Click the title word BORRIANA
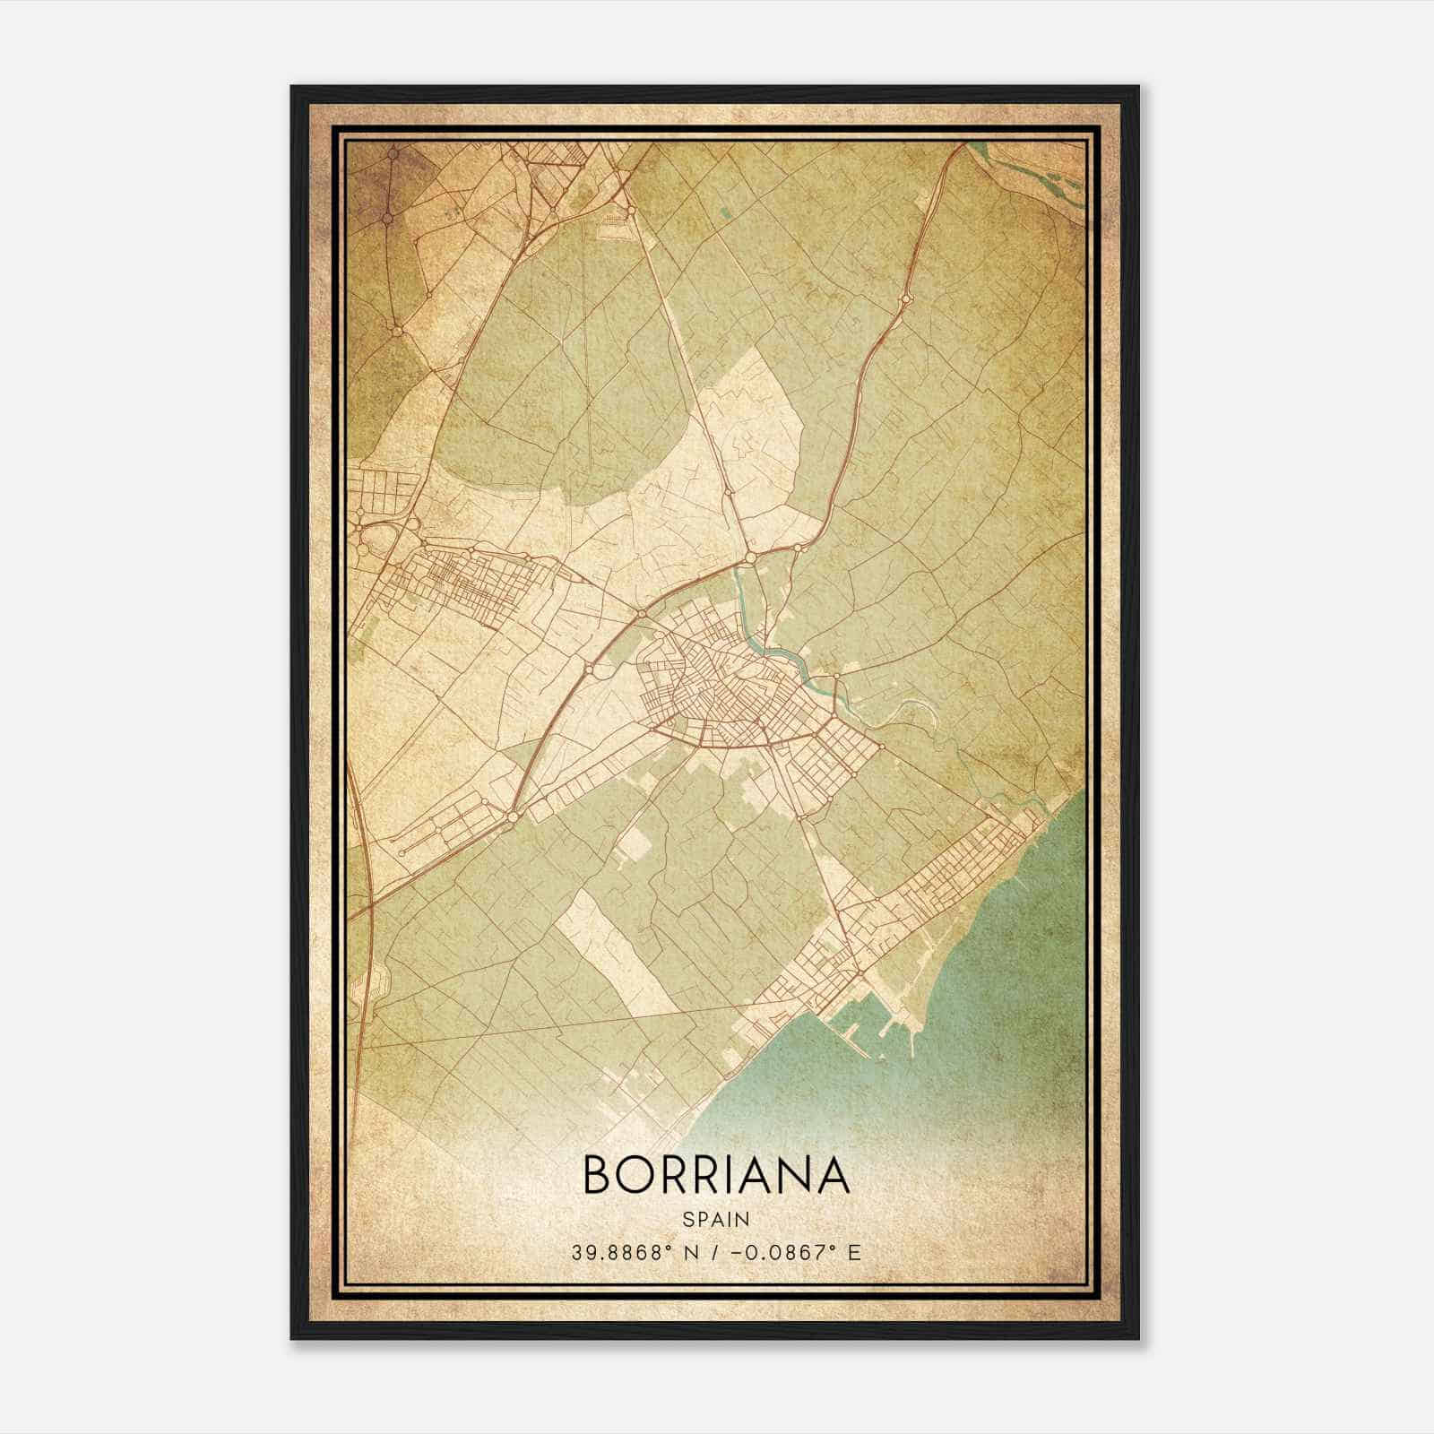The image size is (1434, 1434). [x=716, y=1174]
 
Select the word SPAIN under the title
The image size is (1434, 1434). [x=716, y=1220]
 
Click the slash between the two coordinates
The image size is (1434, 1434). [x=713, y=1253]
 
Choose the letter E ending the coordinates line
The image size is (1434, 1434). [x=854, y=1253]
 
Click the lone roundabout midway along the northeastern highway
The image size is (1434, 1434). [x=904, y=299]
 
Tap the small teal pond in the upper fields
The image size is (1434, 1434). [x=725, y=213]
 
